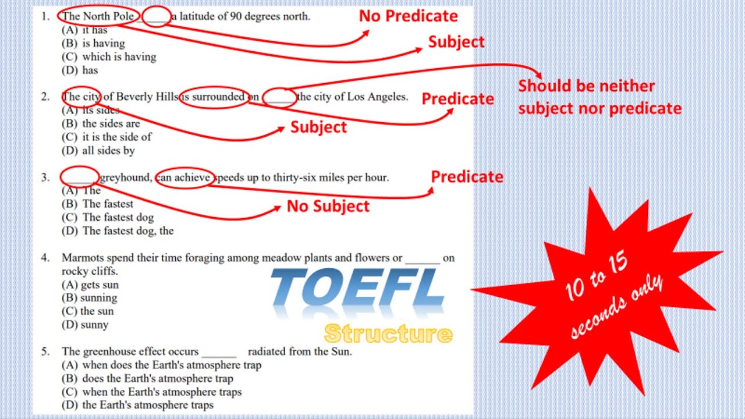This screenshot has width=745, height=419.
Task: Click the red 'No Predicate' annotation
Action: (408, 16)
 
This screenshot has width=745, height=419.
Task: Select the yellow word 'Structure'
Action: (388, 334)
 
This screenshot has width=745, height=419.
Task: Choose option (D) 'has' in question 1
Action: (80, 70)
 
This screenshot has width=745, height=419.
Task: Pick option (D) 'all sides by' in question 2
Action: (98, 151)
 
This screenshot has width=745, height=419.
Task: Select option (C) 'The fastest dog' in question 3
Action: (108, 218)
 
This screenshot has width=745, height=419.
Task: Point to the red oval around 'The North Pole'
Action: (98, 16)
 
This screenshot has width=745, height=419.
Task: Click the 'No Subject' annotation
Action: (328, 207)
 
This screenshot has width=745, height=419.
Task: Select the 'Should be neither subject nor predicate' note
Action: (599, 97)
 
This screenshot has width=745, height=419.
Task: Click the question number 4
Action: (45, 257)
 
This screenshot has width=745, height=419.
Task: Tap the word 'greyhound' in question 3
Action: (125, 177)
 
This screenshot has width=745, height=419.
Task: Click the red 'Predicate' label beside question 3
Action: (467, 177)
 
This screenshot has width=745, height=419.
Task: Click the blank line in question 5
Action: (219, 352)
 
